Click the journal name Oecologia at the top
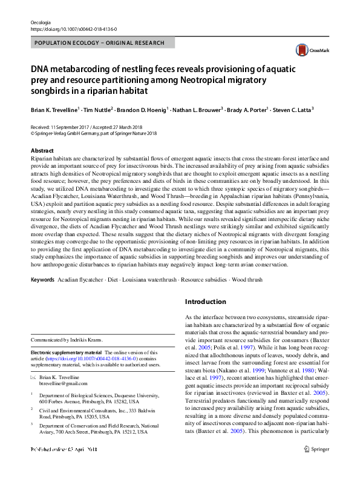[41, 21]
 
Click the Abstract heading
[42, 150]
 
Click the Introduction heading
[206, 302]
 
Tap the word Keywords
[42, 280]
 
